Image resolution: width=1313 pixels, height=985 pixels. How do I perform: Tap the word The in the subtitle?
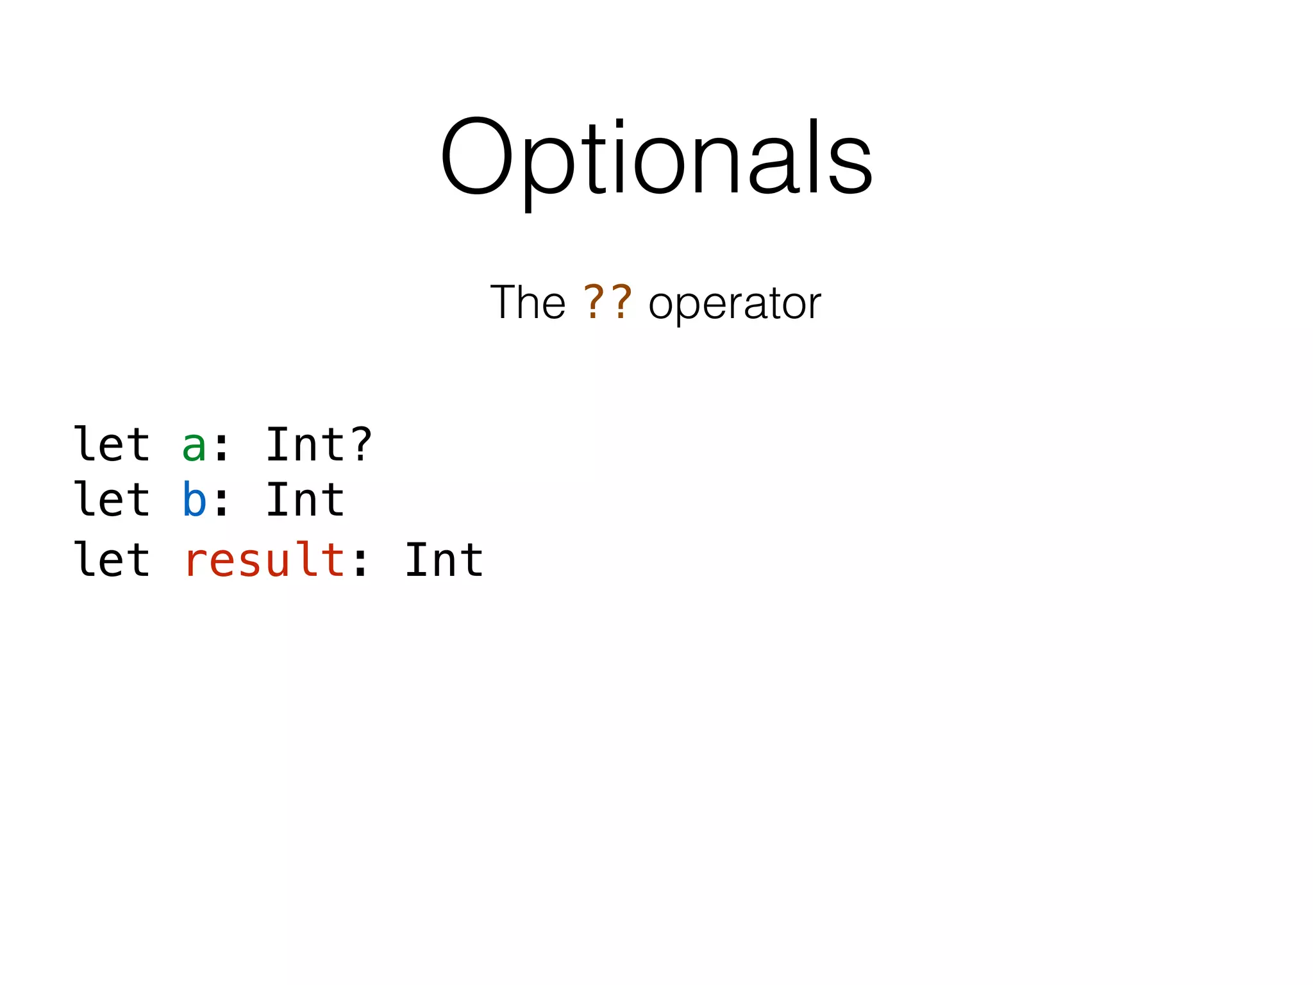528,302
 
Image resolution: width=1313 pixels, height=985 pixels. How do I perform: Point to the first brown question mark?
594,302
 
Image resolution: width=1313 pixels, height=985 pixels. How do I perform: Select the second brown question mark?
621,302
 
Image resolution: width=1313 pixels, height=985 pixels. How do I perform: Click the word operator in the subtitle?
735,303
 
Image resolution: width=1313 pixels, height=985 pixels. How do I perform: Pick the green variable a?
194,446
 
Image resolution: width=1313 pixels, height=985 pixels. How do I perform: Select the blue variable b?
194,500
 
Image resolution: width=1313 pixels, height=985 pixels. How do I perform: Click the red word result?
265,560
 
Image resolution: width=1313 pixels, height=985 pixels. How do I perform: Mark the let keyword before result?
112,559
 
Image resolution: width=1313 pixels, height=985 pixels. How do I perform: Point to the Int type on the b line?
305,500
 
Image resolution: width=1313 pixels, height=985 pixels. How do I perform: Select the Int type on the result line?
444,560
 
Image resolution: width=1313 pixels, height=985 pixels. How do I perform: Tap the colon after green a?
222,447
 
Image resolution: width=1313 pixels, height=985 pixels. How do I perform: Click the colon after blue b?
222,502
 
